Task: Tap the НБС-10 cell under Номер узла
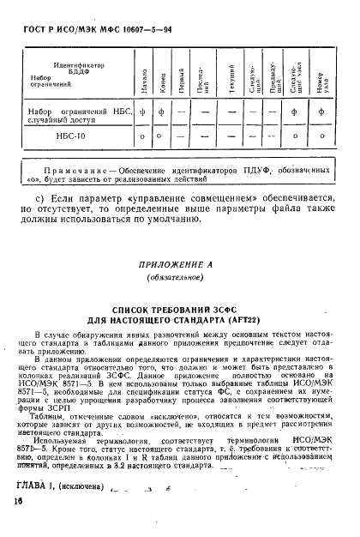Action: [321, 135]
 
